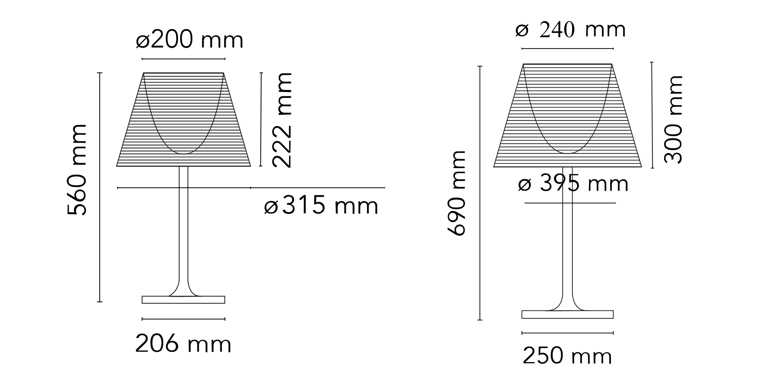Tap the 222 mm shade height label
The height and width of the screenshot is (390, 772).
pos(282,120)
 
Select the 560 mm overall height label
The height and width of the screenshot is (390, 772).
pos(77,170)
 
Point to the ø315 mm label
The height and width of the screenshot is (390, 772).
pos(321,205)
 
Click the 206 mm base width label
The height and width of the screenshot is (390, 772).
pos(183,344)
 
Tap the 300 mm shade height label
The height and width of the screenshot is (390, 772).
pos(673,120)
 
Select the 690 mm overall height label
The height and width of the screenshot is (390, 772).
pos(456,193)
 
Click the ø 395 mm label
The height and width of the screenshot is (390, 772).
pos(573,184)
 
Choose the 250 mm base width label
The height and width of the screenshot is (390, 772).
pos(567,356)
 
